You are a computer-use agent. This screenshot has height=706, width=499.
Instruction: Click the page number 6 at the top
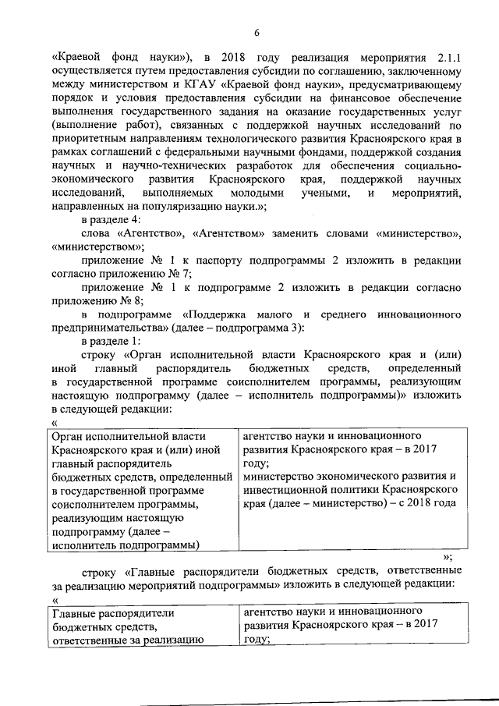point(256,31)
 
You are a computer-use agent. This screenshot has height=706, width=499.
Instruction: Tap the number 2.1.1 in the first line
point(447,57)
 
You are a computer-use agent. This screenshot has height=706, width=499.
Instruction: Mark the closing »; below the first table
point(447,558)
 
